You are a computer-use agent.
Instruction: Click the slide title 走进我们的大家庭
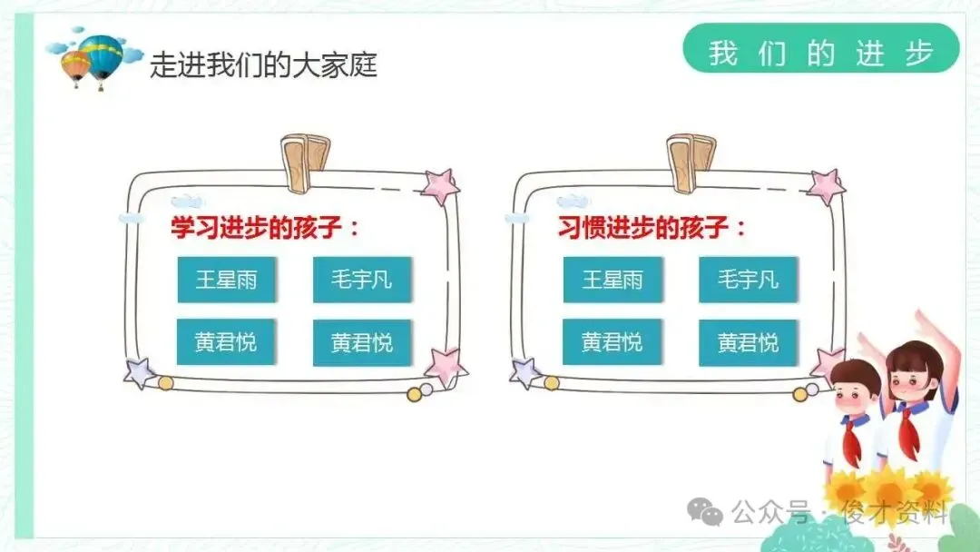[263, 65]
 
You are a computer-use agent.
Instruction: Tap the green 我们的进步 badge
[820, 52]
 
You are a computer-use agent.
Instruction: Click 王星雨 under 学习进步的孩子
[226, 279]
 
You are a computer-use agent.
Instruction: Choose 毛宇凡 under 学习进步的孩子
[362, 279]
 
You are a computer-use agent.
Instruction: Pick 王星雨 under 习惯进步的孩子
[612, 279]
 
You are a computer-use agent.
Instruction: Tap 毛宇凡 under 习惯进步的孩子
[748, 279]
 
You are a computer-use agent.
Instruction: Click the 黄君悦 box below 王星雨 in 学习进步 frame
[226, 342]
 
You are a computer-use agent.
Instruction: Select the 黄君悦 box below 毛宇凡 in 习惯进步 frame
[748, 342]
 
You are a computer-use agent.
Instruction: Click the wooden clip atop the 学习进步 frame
[305, 163]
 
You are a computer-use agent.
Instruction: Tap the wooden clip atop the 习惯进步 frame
[691, 163]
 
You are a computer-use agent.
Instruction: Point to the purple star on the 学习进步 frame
[140, 371]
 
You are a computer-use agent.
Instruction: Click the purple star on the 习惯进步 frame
[525, 371]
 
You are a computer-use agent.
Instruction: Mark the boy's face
[855, 390]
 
